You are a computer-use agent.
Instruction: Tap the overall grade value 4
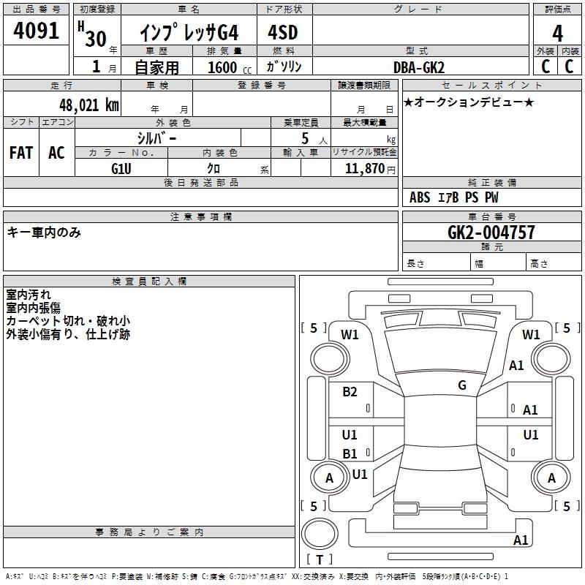(557, 34)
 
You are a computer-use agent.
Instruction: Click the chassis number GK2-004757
(491, 233)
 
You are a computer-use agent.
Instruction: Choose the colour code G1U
(121, 167)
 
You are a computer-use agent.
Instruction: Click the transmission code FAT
(20, 152)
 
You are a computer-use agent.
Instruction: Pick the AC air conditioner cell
(56, 152)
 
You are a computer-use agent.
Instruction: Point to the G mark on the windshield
(461, 385)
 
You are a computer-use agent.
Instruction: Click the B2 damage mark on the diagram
(350, 392)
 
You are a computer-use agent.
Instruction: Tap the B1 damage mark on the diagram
(350, 454)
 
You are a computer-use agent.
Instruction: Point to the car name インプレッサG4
(189, 34)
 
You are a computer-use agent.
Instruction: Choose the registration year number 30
(96, 38)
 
